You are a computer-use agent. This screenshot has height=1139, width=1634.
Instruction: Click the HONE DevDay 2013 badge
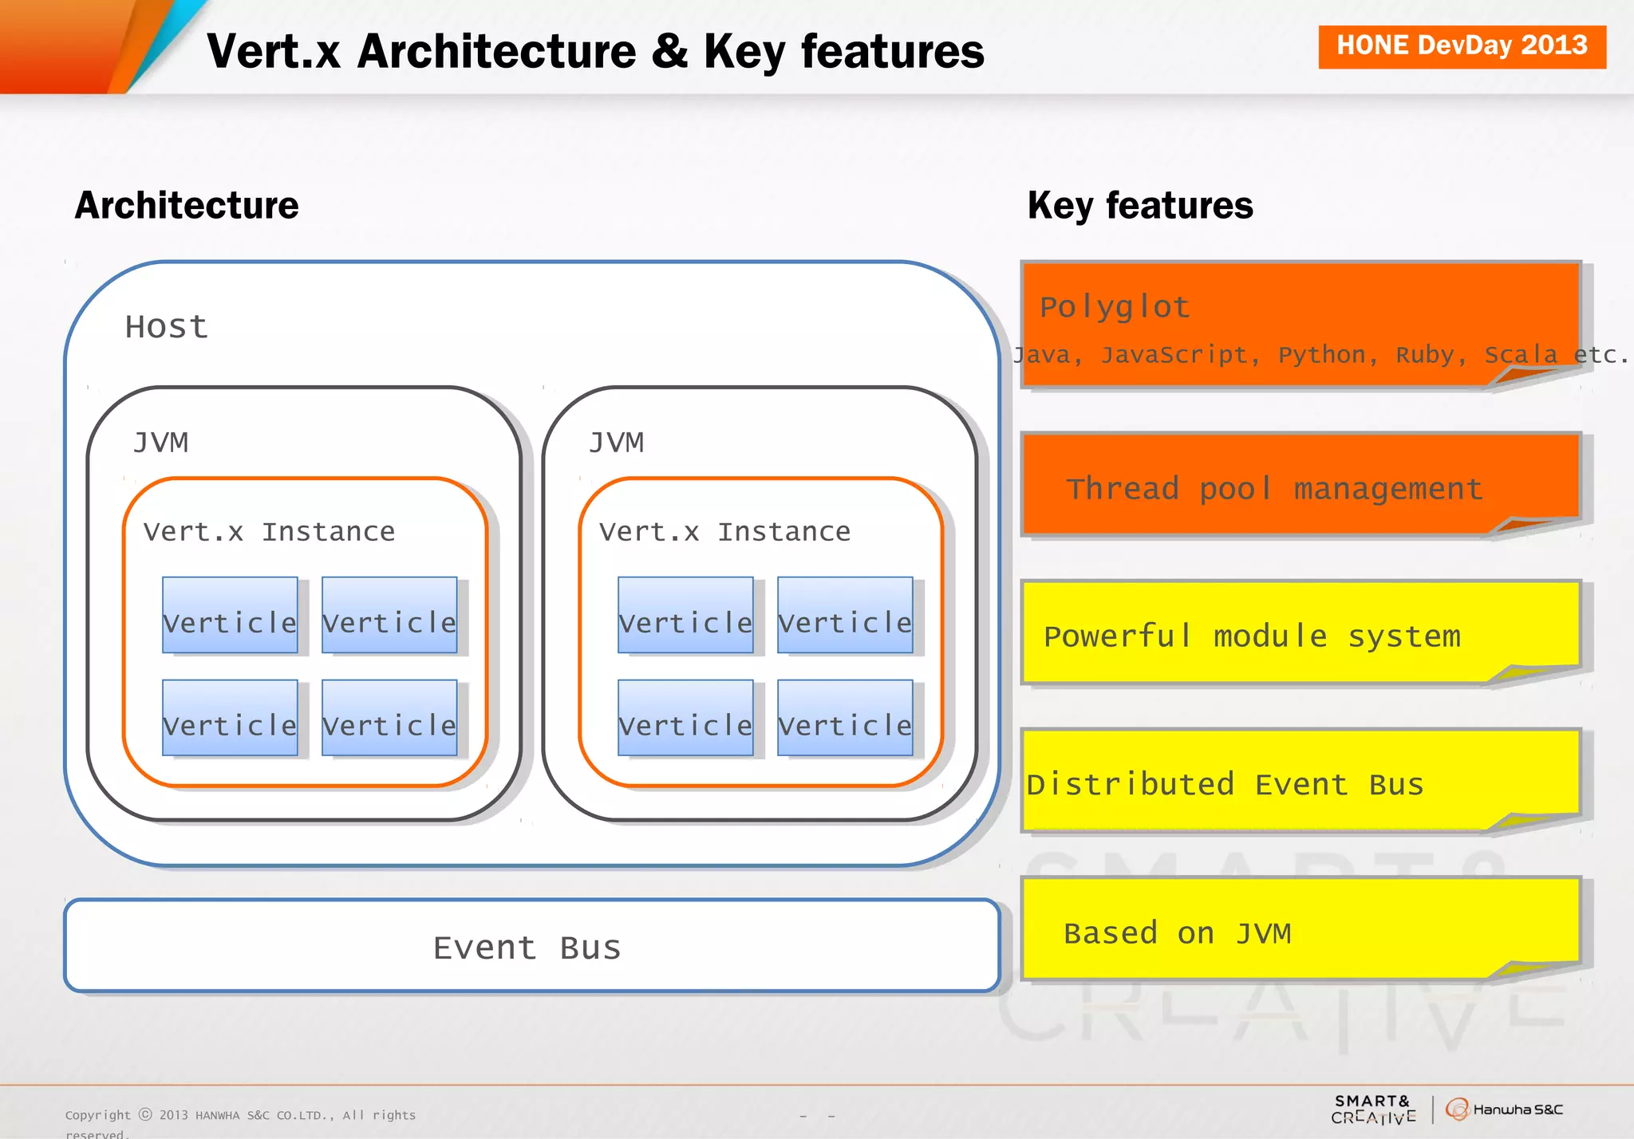[1462, 46]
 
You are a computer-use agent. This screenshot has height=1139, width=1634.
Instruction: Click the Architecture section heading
[187, 206]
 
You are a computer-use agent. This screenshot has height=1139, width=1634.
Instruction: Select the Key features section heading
[1140, 206]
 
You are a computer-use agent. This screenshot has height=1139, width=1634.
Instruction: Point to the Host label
[167, 327]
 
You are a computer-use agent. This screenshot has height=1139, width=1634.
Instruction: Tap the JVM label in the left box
[161, 442]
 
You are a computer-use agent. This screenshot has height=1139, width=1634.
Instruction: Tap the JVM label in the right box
[616, 442]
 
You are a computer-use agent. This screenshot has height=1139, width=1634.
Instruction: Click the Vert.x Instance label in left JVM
[270, 531]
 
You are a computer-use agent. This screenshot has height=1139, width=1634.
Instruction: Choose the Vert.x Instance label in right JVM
[725, 531]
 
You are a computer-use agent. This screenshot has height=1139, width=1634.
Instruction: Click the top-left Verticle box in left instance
[230, 616]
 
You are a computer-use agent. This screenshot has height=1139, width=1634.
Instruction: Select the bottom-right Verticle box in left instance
[389, 718]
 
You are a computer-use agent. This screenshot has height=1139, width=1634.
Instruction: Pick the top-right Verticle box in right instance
[845, 616]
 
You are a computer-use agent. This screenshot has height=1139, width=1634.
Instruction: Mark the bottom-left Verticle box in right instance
[685, 718]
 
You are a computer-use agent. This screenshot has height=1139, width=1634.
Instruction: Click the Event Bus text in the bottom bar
[527, 948]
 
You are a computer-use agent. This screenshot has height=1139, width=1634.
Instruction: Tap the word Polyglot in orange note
[1115, 307]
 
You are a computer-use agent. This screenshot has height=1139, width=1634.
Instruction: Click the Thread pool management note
[1275, 488]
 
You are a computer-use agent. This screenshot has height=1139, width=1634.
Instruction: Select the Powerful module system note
[1253, 636]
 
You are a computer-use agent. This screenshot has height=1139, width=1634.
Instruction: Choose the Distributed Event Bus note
[1225, 784]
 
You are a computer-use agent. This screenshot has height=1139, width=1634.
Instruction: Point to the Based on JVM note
[1178, 932]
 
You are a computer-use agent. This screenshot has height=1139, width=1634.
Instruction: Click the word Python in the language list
[1322, 354]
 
